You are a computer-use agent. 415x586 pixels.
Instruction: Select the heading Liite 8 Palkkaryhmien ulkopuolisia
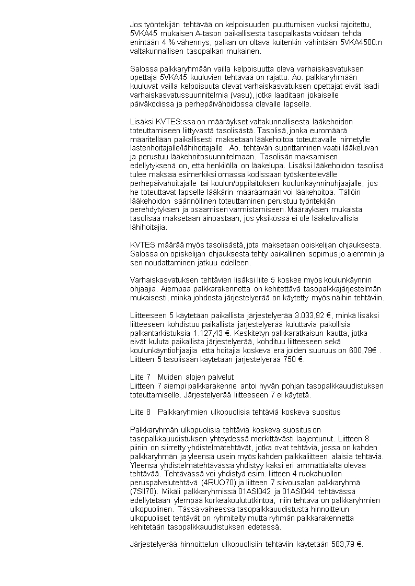pyautogui.click(x=235, y=412)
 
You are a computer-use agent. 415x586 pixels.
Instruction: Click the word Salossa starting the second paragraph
pyautogui.click(x=143, y=69)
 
